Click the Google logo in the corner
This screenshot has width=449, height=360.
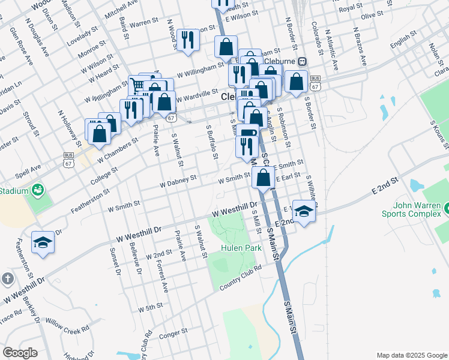(x=20, y=353)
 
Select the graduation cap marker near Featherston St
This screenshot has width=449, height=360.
(x=43, y=242)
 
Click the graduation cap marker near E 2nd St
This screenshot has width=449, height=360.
(x=304, y=211)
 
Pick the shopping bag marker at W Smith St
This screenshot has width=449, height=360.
(x=263, y=178)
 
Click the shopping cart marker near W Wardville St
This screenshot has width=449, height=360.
(x=139, y=85)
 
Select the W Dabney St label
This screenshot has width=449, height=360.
(x=178, y=181)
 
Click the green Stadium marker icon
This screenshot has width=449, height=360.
(x=38, y=190)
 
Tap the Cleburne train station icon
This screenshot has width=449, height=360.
(x=302, y=61)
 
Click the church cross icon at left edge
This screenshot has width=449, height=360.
(x=7, y=278)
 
